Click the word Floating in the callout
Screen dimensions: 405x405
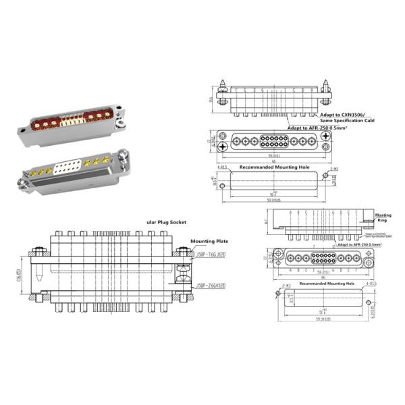coord(383,213)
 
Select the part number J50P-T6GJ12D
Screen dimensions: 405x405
coord(211,254)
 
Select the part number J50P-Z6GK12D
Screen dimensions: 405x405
coord(211,286)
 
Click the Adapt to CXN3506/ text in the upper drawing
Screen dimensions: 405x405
coord(305,115)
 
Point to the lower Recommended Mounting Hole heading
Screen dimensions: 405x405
coord(326,283)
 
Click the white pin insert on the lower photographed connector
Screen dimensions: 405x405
coord(71,166)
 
